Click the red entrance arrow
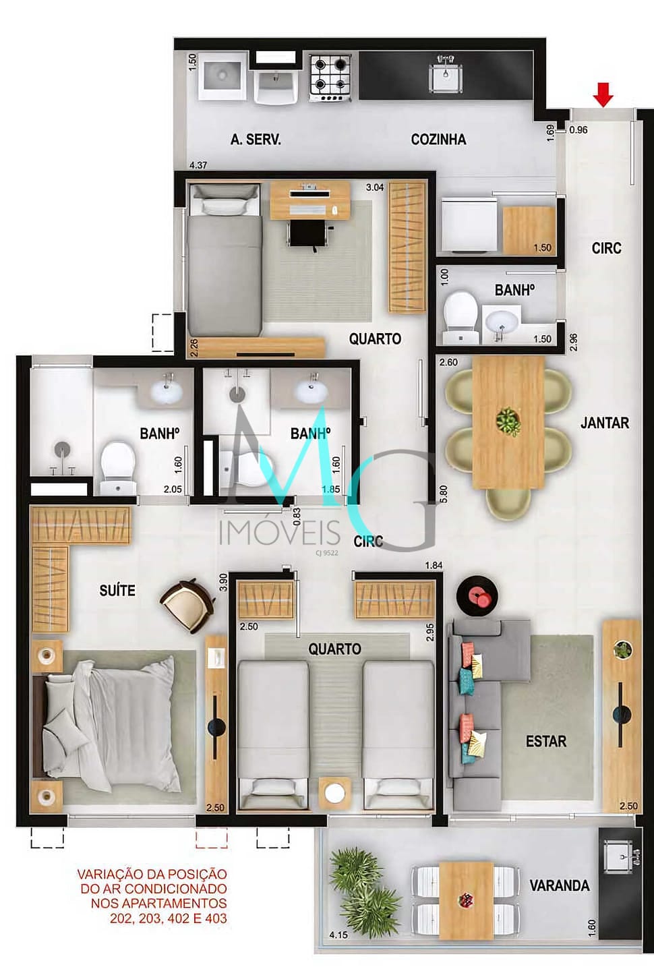[603, 94]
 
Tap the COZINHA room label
[438, 140]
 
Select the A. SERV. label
[256, 140]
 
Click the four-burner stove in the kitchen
[330, 78]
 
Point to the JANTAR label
[605, 423]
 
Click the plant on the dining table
[508, 421]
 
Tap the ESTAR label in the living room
[546, 741]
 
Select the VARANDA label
[560, 885]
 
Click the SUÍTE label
[117, 590]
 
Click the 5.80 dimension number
[444, 494]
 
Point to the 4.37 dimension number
[198, 165]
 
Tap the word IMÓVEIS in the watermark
[280, 533]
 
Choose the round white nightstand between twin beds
[334, 793]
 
